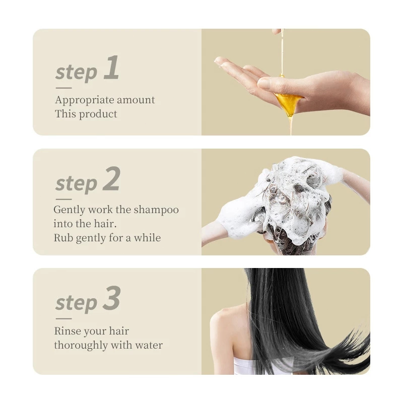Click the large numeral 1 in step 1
point(112,68)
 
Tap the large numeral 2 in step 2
point(112,178)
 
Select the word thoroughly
point(81,346)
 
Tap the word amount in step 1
point(136,100)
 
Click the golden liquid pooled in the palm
point(288,103)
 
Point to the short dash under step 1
point(64,88)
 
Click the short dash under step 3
point(64,319)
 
